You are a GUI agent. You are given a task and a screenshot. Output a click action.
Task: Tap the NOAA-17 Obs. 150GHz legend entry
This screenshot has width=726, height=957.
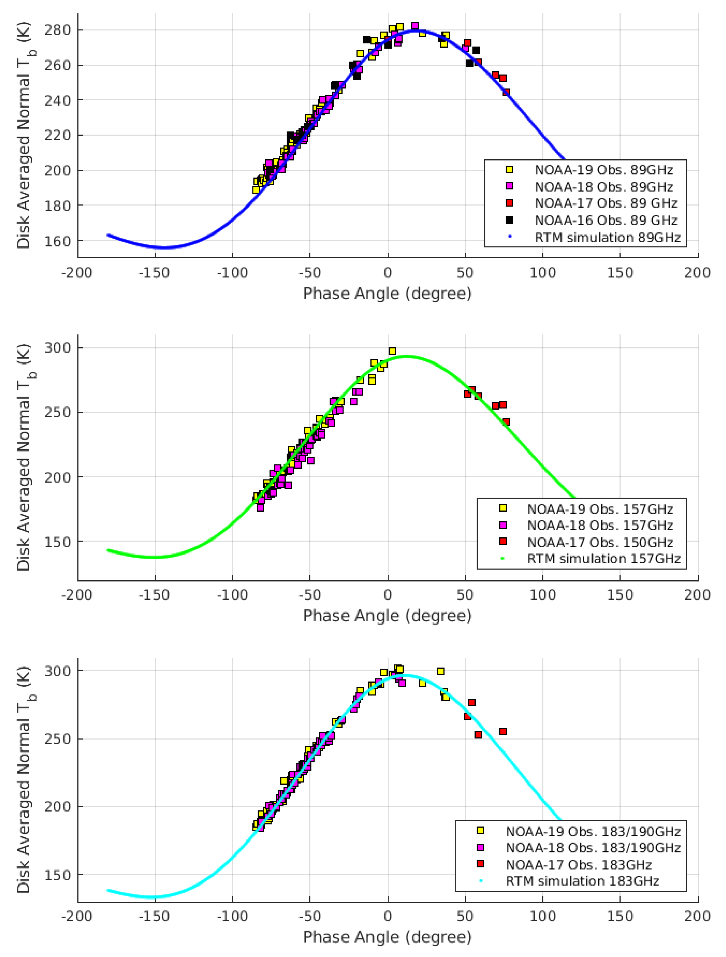point(600,542)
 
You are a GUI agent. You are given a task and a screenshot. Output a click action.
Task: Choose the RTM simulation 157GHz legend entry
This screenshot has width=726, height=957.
point(604,559)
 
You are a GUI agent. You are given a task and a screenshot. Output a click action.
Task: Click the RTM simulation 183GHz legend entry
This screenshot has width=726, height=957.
point(582,881)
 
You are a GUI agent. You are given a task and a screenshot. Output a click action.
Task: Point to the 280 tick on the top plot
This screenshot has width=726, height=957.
point(58,30)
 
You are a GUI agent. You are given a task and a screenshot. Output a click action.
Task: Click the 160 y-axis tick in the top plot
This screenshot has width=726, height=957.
point(58,241)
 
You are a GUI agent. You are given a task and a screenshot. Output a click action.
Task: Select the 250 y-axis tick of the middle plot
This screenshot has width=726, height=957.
point(58,412)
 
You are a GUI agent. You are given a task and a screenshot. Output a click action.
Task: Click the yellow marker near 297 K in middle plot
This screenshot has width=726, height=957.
point(392,351)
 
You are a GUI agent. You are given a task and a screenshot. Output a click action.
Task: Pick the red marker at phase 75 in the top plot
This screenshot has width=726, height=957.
point(506,92)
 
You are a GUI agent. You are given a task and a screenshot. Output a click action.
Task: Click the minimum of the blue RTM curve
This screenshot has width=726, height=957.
point(164,247)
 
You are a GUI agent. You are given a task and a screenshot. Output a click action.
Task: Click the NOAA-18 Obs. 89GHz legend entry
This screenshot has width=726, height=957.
point(604,187)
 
